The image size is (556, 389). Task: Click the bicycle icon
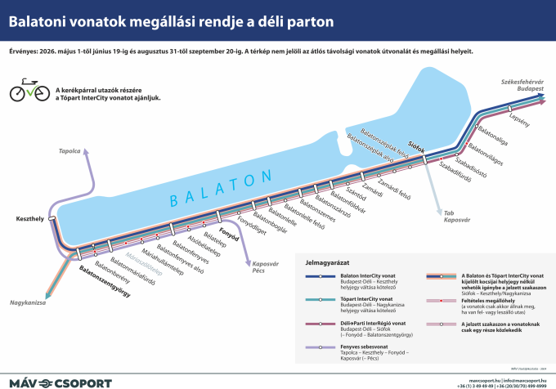coord(29,91)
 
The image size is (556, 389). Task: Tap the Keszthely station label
coord(29,219)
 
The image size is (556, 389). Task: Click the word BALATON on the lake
coord(220,189)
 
